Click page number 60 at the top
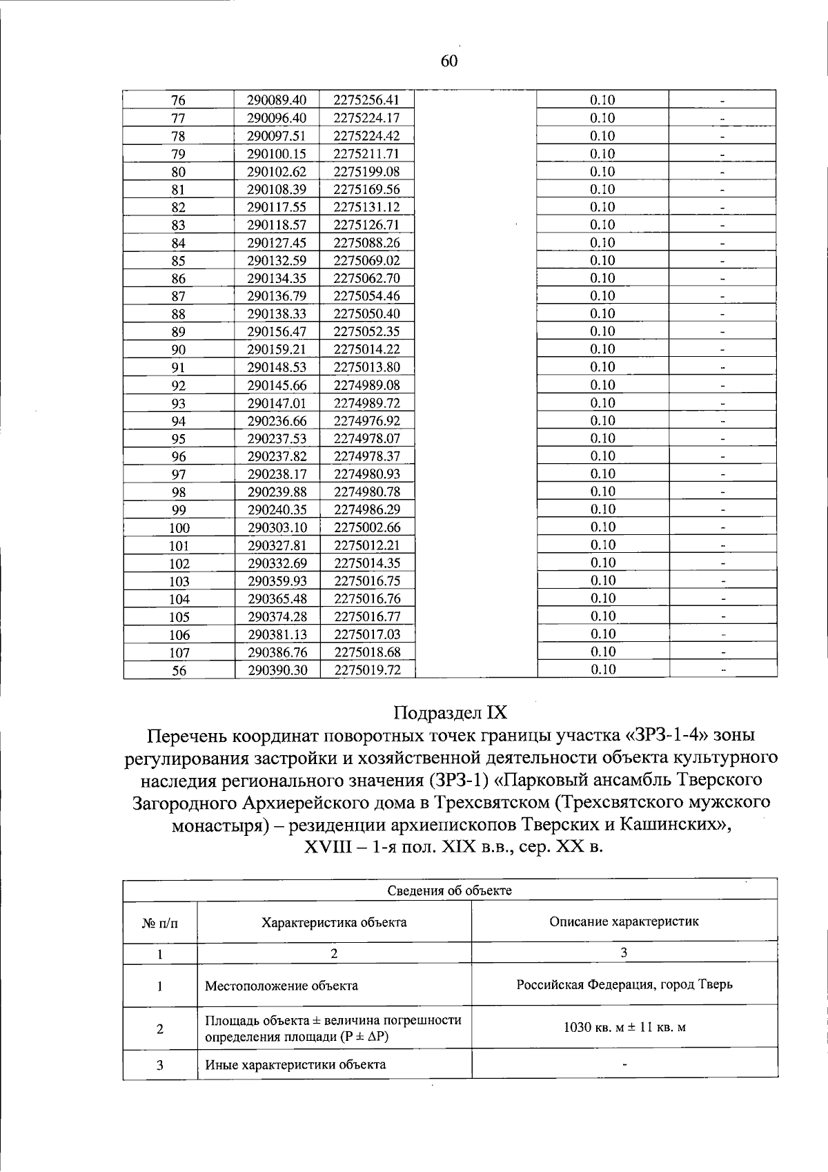point(448,61)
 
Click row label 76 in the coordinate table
point(179,100)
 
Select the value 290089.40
point(277,100)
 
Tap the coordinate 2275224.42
point(366,136)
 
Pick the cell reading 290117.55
point(277,207)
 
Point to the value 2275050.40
point(366,314)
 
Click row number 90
point(179,350)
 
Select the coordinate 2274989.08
point(366,385)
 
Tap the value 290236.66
point(277,421)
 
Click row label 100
point(179,528)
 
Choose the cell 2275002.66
point(366,528)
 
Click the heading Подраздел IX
point(450,712)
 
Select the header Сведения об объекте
point(449,890)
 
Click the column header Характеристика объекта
point(334,922)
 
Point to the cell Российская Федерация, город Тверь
point(624,984)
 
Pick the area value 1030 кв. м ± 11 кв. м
point(624,1027)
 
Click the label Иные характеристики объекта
point(295,1064)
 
